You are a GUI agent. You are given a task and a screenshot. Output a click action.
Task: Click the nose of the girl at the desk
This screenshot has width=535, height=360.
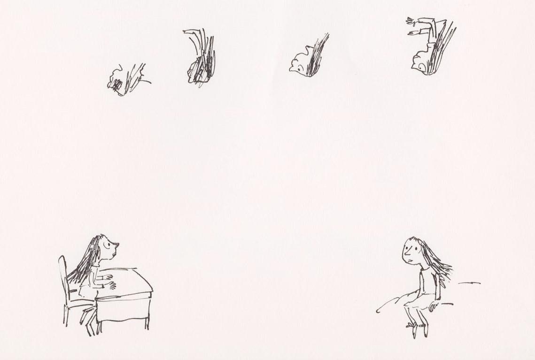click(x=117, y=244)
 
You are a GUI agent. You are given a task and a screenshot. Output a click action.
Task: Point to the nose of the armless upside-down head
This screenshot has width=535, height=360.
click(x=291, y=69)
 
